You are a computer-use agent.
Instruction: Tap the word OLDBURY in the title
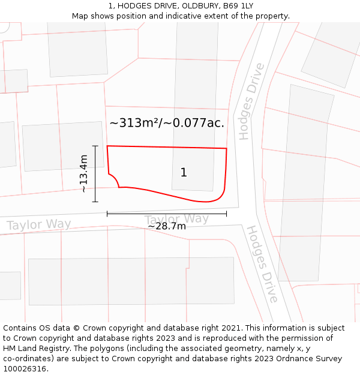201,6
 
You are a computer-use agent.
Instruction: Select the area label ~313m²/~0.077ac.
167,123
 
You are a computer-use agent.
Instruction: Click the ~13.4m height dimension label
83,173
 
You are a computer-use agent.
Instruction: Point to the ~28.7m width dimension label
167,226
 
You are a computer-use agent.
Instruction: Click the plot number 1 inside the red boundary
184,173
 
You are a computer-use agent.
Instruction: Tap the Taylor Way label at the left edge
38,225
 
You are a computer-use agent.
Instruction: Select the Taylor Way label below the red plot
176,219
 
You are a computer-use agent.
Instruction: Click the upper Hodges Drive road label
251,101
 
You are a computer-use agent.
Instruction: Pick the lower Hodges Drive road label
262,264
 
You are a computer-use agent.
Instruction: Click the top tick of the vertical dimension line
95,146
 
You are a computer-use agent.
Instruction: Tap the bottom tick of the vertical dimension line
95,202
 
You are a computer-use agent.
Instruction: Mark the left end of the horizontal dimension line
107,214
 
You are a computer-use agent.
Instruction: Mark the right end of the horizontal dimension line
226,214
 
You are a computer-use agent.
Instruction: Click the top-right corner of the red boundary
227,148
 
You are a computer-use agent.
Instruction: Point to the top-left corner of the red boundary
107,146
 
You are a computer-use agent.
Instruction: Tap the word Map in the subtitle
80,16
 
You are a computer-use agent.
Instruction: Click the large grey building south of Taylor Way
131,281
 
